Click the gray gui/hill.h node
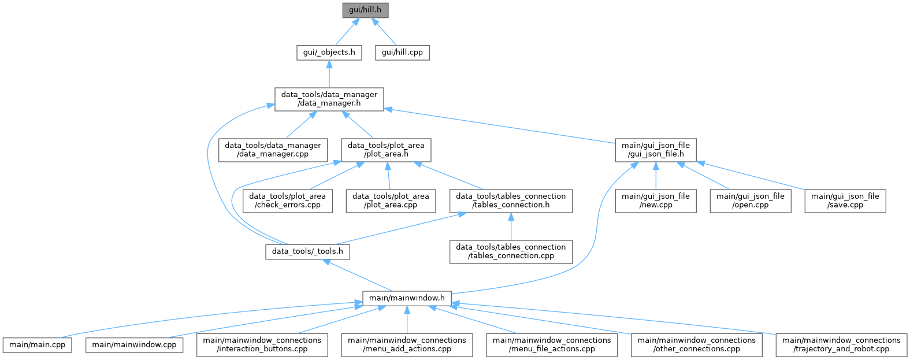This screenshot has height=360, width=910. click(x=365, y=10)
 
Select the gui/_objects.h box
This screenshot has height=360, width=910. click(x=329, y=53)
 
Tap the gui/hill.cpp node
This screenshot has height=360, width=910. click(x=402, y=53)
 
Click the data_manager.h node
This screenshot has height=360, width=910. click(x=329, y=99)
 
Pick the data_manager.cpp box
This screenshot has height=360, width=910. click(x=273, y=150)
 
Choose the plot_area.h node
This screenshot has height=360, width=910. click(x=386, y=150)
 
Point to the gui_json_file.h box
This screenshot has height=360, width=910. click(x=656, y=150)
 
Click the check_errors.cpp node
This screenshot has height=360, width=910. click(x=288, y=201)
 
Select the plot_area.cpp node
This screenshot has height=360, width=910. click(x=391, y=201)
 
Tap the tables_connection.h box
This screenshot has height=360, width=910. click(x=511, y=201)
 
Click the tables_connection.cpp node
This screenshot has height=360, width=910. click(x=511, y=251)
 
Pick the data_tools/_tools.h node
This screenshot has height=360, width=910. click(x=307, y=252)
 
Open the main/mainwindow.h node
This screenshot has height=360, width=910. click(x=407, y=298)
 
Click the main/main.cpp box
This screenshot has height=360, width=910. click(x=38, y=345)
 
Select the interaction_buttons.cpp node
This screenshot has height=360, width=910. click(x=262, y=345)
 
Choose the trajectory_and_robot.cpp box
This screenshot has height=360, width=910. click(x=841, y=345)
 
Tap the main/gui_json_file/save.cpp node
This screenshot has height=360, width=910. click(x=845, y=201)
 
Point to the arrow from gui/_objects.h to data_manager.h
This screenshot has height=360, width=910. click(x=329, y=74)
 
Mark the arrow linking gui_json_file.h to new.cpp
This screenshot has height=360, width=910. click(x=656, y=176)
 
